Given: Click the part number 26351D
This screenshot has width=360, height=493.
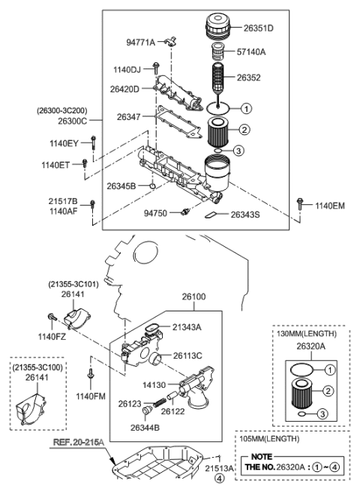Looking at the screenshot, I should pos(259,29).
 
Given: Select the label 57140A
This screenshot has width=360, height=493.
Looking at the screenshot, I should pos(256,53).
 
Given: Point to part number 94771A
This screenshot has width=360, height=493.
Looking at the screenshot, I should pos(139,43).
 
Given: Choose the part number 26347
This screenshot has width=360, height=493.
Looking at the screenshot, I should pos(129,117).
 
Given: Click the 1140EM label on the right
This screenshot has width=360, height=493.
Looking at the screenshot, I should pos(330,205).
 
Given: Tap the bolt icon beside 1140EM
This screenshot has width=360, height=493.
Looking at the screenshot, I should pos(301,203).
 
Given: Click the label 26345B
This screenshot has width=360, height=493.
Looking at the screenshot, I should pos(121,185).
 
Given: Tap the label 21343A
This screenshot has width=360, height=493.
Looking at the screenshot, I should pos(187,326).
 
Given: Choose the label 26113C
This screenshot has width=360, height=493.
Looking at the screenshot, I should pos(189,355).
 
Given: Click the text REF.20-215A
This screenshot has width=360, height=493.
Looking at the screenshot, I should pos(77,443).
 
